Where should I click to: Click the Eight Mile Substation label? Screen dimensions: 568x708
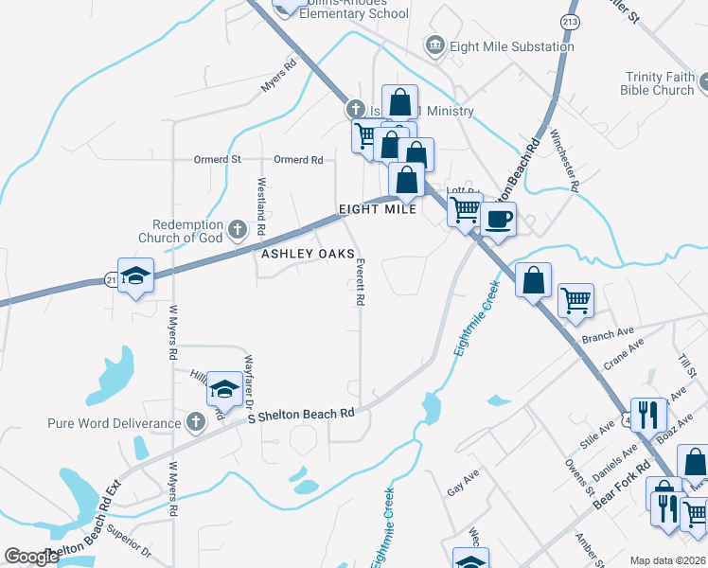pos(513,46)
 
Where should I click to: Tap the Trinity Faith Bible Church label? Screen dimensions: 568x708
pos(659,83)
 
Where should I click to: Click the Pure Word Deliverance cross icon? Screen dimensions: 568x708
pos(196,422)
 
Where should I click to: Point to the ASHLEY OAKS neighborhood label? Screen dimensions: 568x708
pos(308,255)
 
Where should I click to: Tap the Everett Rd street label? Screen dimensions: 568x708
pos(360,284)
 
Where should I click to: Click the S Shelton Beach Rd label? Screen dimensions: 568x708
pos(300,415)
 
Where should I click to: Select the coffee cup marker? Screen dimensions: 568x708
pos(499,219)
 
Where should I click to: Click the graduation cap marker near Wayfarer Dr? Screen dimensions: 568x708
pos(224,387)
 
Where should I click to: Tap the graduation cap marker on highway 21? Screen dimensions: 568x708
pos(135,275)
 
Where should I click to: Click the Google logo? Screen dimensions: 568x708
pos(31,557)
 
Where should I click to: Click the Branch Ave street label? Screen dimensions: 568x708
pos(609,335)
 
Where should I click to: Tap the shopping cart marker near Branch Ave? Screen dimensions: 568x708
pos(575,300)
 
